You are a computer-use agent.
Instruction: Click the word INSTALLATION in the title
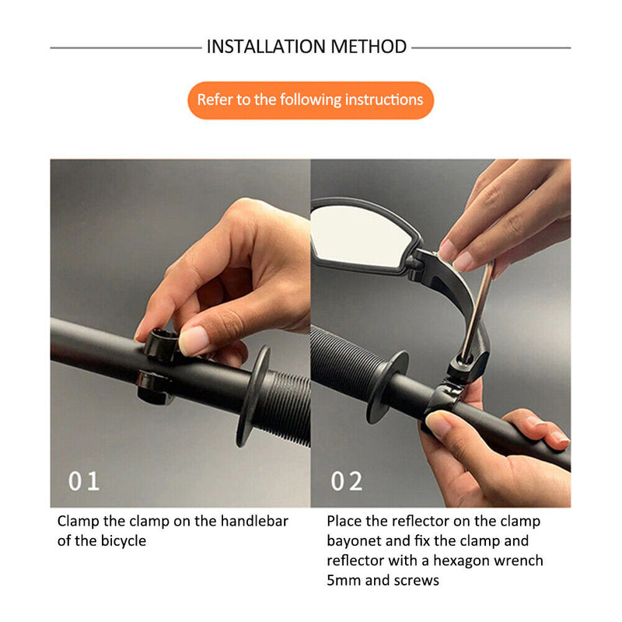click(266, 47)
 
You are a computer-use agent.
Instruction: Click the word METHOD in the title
click(369, 47)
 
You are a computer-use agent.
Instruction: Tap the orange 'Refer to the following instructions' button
click(310, 100)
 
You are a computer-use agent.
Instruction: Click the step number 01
click(84, 481)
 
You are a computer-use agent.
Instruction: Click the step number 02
click(347, 481)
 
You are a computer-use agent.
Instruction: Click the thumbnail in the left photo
click(194, 341)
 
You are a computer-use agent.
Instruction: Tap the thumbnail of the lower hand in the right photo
click(439, 425)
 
